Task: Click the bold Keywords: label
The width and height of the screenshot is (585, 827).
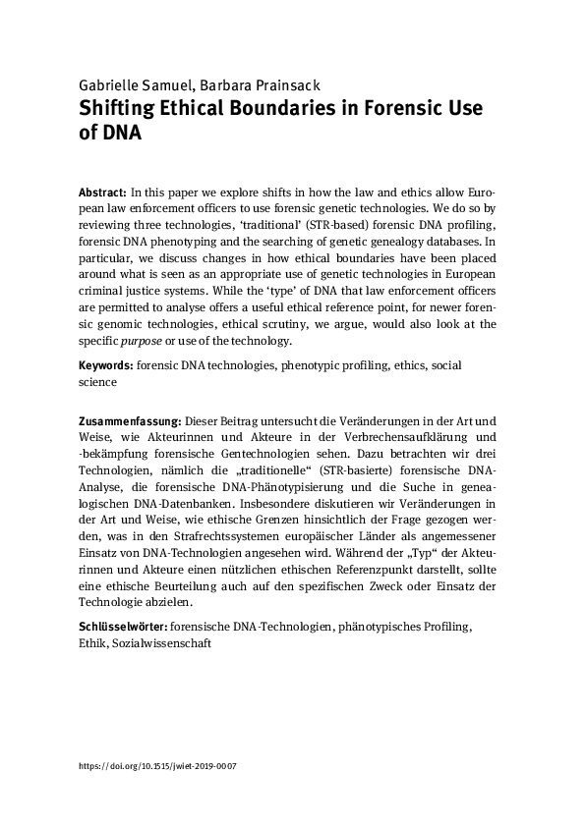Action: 105,364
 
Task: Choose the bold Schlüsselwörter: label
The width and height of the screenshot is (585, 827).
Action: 123,626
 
